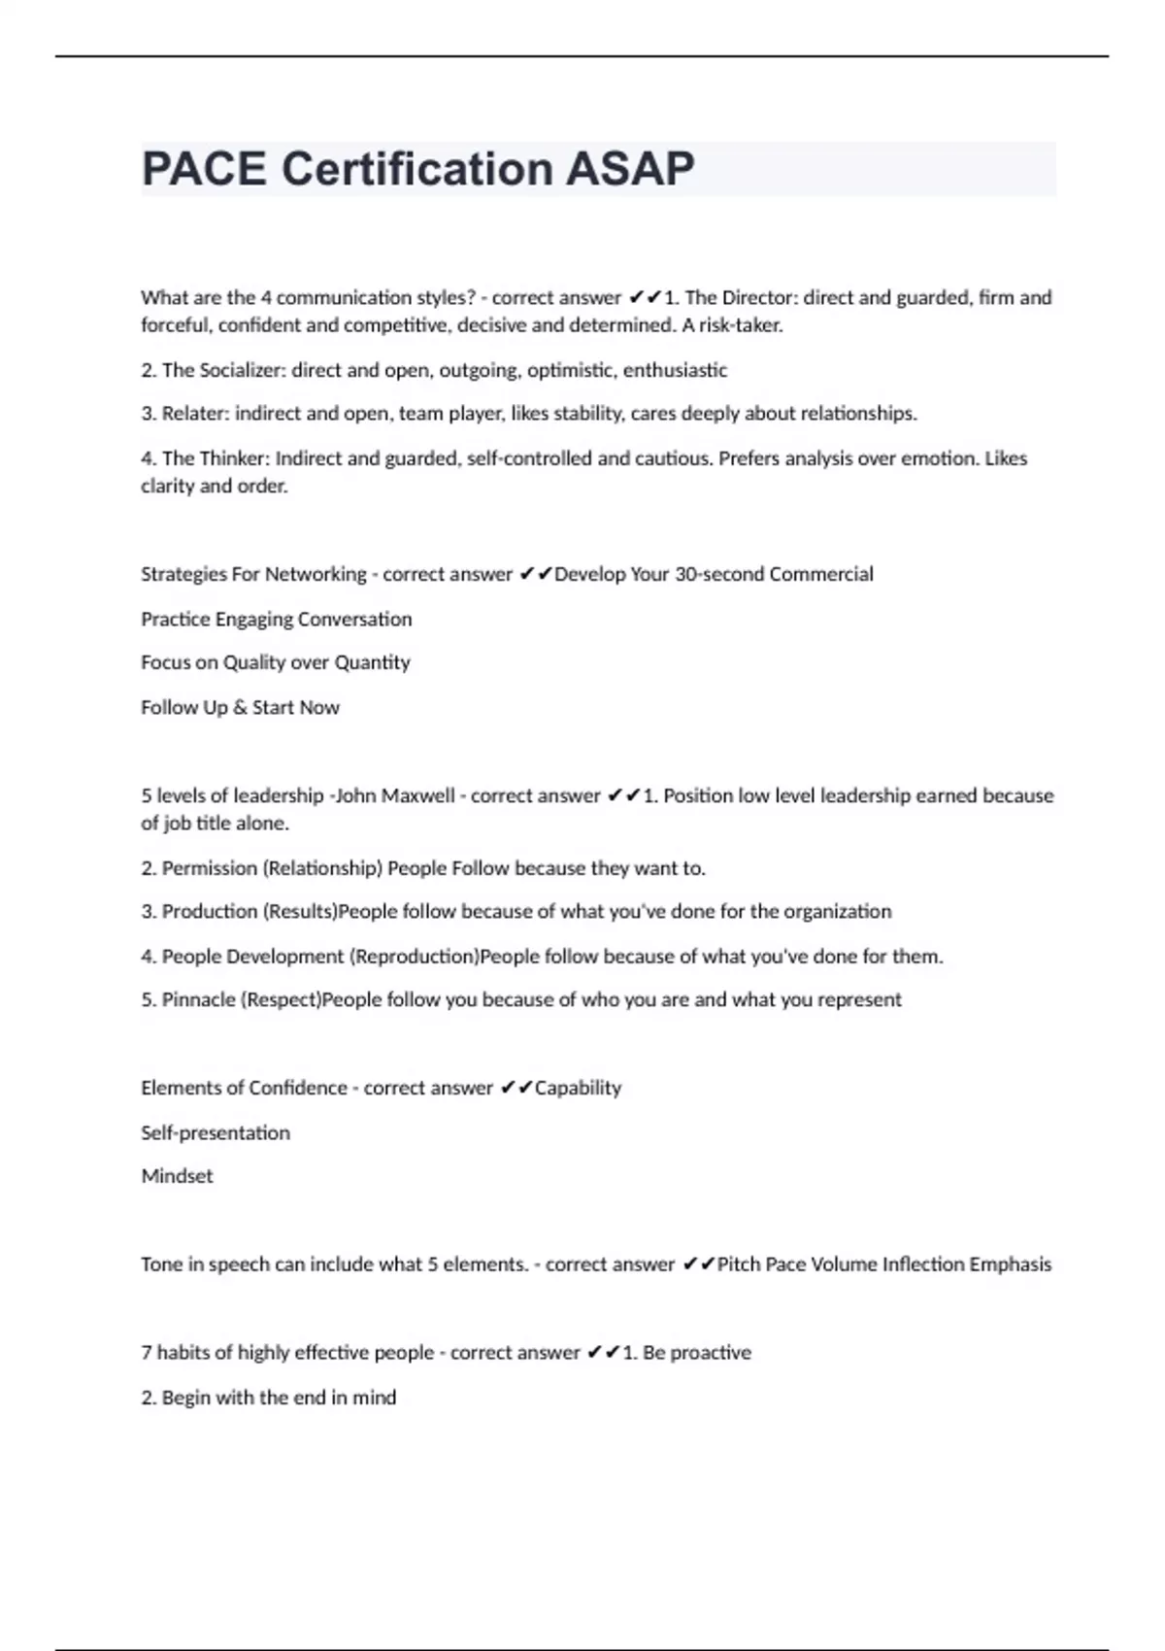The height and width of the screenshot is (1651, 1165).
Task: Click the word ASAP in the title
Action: coord(630,169)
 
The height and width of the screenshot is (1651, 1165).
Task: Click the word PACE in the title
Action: coord(204,169)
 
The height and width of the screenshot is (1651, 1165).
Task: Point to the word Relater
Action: coord(193,414)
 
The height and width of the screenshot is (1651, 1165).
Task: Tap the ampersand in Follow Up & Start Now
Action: coord(240,707)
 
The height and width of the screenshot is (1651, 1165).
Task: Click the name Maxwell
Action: coord(417,795)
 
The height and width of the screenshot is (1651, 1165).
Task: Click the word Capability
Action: coord(578,1088)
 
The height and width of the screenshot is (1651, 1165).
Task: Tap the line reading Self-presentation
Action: coord(216,1132)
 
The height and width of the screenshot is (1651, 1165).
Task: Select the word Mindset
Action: coord(177,1176)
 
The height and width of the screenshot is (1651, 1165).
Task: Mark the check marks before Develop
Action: coord(535,574)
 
